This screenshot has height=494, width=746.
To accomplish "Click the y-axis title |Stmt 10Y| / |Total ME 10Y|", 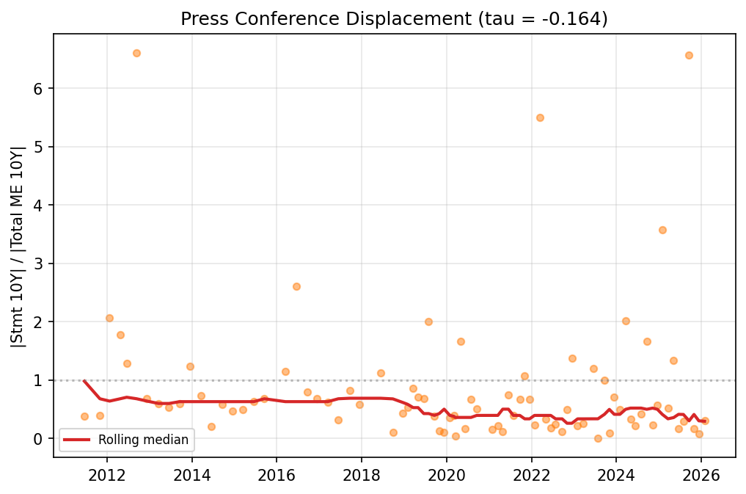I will [x=19, y=247].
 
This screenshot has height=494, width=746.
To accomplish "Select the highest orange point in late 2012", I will [x=136, y=53].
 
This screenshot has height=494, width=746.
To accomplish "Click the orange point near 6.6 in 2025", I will [x=689, y=55].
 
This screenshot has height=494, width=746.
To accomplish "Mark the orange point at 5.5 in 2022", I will [x=540, y=117].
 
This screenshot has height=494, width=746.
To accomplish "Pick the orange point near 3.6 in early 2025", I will [x=662, y=230].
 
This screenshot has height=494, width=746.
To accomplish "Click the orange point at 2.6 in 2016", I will [x=296, y=286].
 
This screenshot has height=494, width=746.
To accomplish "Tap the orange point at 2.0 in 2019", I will [x=428, y=322].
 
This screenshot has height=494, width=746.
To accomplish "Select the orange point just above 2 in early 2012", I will [x=109, y=318].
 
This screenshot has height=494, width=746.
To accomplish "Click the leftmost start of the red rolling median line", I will [x=84, y=381].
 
